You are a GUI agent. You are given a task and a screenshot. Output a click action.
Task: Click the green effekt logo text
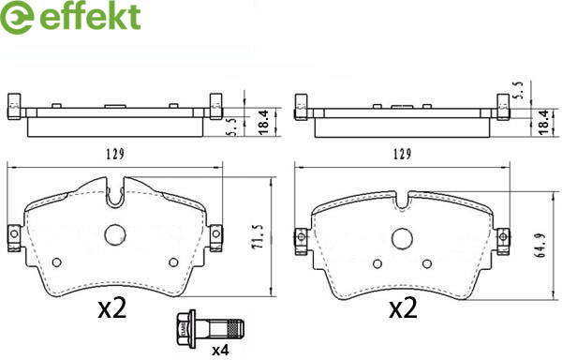90,15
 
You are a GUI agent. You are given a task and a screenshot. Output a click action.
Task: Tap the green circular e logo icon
17,18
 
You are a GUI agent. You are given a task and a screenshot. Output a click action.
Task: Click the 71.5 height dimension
259,236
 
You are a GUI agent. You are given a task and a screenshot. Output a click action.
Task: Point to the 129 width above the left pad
115,154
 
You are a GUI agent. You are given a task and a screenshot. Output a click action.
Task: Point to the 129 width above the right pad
402,154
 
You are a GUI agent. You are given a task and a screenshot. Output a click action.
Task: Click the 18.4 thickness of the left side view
263,122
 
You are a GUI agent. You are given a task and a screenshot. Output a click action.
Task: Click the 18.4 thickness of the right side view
543,122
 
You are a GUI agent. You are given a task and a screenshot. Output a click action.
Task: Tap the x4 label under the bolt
220,351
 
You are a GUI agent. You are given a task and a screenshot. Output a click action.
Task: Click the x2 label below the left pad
112,308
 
